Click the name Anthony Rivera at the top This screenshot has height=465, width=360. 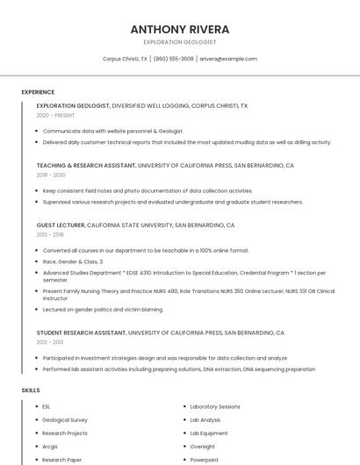(179, 29)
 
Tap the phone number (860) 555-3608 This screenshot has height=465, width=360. (174, 59)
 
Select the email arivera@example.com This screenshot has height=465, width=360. (228, 59)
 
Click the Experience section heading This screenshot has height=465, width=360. (38, 92)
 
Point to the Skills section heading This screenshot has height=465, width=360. (31, 390)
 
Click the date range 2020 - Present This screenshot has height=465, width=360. (55, 115)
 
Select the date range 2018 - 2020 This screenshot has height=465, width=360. (51, 175)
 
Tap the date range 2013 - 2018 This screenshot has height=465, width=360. (50, 234)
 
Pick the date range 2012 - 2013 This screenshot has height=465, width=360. (50, 342)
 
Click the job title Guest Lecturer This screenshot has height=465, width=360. (61, 225)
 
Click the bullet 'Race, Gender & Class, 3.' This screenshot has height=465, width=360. (73, 261)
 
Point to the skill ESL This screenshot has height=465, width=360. (47, 407)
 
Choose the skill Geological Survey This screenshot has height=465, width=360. (65, 420)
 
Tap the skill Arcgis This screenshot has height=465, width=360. (50, 447)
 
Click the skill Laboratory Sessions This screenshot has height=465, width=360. (215, 407)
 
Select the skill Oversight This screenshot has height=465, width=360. (202, 447)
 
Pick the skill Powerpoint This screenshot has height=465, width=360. (205, 460)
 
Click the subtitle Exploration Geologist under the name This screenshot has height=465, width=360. (179, 42)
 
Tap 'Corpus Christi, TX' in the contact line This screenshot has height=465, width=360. (125, 59)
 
